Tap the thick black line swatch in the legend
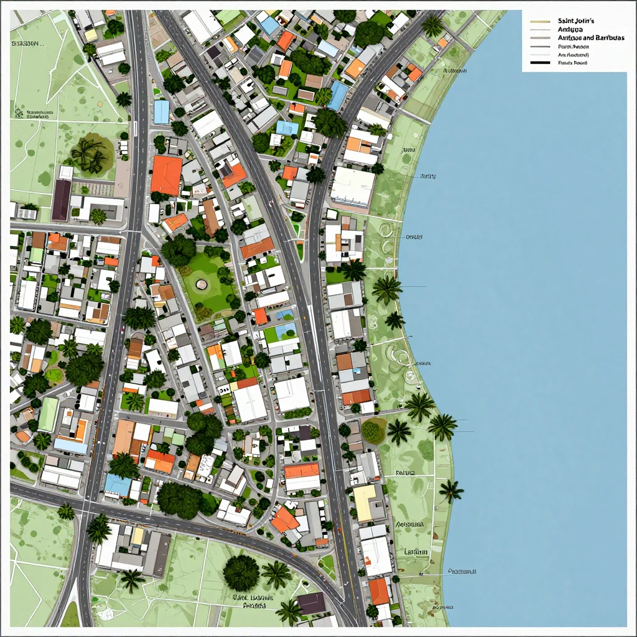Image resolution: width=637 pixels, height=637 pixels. coord(541,63)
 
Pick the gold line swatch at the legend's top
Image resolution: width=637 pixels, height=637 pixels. coord(541,21)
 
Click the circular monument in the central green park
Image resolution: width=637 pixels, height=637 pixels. coord(202,284)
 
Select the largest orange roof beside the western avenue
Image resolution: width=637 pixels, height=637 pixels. coord(166,175)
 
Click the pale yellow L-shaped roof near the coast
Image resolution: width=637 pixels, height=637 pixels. coord(365,501)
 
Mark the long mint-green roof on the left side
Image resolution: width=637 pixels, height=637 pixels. coord(49,414)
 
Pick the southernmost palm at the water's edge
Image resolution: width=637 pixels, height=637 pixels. coord(450,491)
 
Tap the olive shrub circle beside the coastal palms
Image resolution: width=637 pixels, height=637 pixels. coord(373,430)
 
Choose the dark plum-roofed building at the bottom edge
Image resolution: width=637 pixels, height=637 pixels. coord(311,602)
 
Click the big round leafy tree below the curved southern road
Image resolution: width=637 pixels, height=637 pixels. coord(241,572)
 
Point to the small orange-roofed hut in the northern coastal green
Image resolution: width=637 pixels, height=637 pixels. coord(442,42)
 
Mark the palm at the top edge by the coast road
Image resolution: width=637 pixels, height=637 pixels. coord(432,25)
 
